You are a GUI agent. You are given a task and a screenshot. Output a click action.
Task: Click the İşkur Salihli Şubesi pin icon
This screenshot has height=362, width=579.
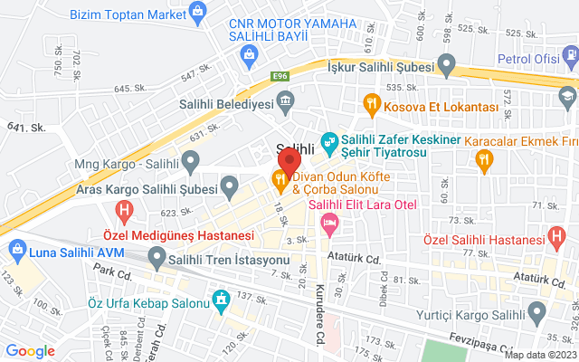[x=445, y=64]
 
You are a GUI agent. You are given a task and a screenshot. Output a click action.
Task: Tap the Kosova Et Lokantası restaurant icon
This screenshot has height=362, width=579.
[x=371, y=106]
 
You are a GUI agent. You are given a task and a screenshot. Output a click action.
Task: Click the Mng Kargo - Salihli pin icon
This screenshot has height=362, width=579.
[x=191, y=164]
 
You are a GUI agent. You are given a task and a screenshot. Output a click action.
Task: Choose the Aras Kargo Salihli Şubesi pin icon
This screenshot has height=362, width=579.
[x=231, y=189]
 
